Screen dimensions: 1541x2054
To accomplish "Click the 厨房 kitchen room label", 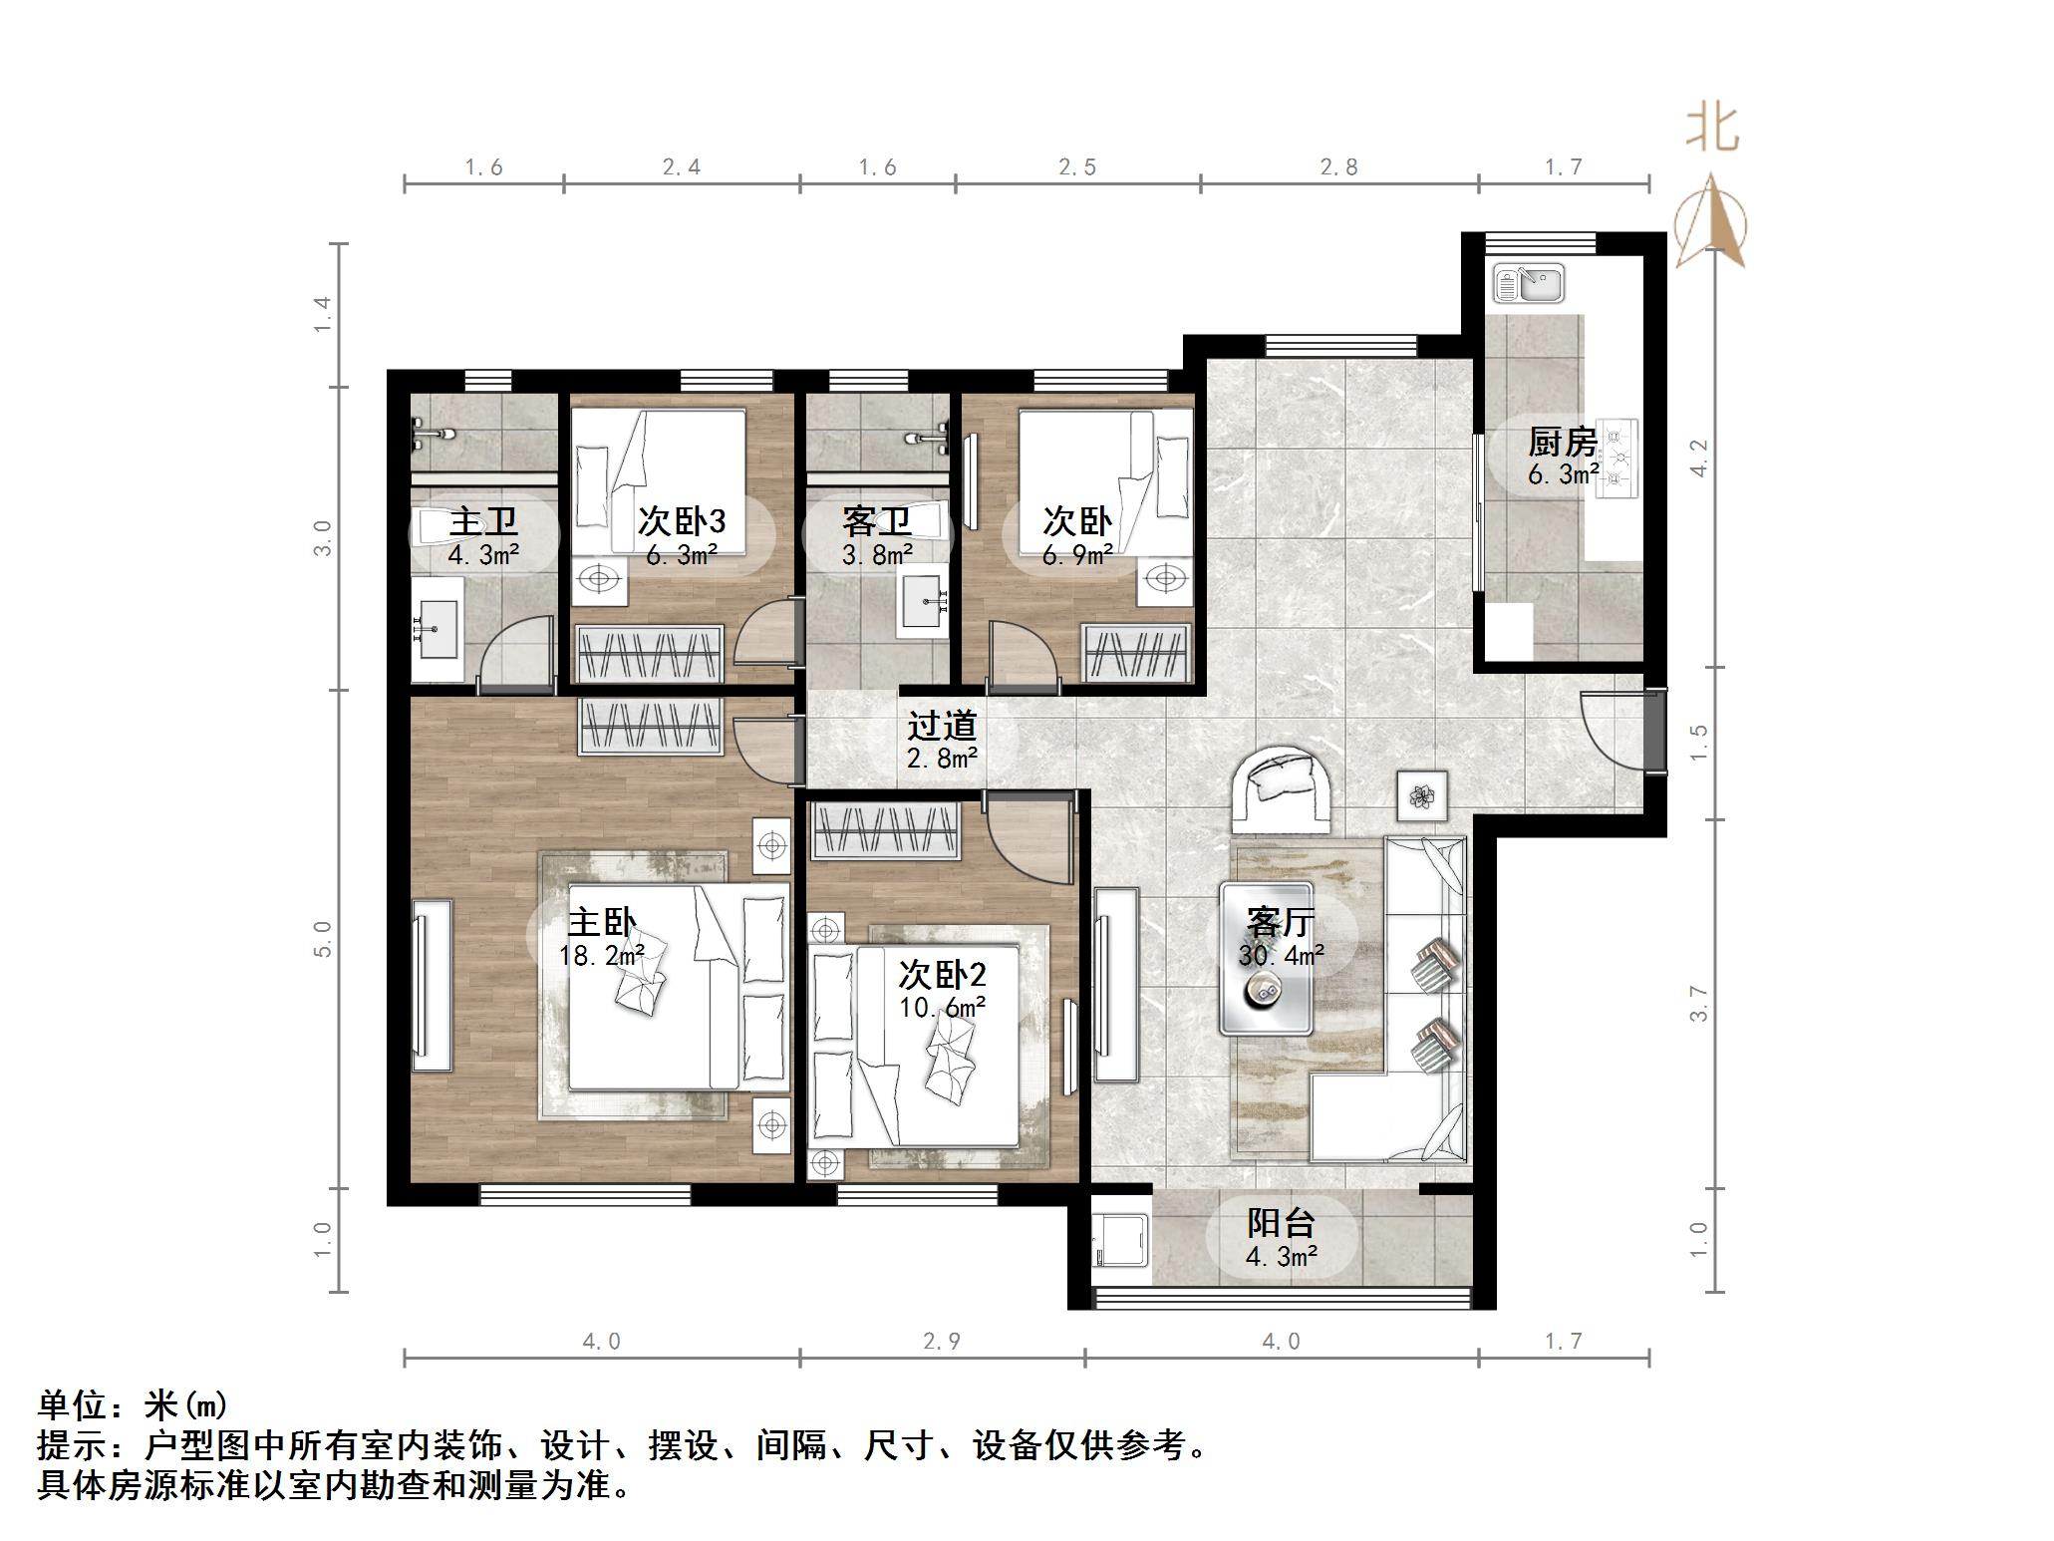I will tap(1562, 442).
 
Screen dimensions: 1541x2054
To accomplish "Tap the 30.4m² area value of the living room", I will tap(1281, 956).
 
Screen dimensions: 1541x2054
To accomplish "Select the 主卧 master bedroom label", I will tap(601, 922).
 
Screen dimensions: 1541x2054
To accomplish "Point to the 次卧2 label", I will tap(942, 974).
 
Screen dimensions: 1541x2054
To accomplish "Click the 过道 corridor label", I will tap(941, 726).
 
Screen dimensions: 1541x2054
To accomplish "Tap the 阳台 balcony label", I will tap(1281, 1223).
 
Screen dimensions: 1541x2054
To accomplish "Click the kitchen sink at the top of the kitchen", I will tap(1528, 283).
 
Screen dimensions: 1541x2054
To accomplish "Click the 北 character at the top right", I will tap(1712, 131).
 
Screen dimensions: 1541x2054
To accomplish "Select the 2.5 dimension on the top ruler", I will tap(1076, 167).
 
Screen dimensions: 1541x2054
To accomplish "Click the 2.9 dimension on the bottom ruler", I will tap(941, 1342).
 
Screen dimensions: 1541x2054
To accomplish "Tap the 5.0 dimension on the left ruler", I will tap(322, 938).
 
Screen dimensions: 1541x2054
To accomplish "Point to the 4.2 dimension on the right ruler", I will tap(1699, 458).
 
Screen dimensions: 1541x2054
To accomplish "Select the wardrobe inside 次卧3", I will tap(650, 654).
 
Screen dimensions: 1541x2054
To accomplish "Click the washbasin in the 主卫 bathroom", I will tap(436, 629).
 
